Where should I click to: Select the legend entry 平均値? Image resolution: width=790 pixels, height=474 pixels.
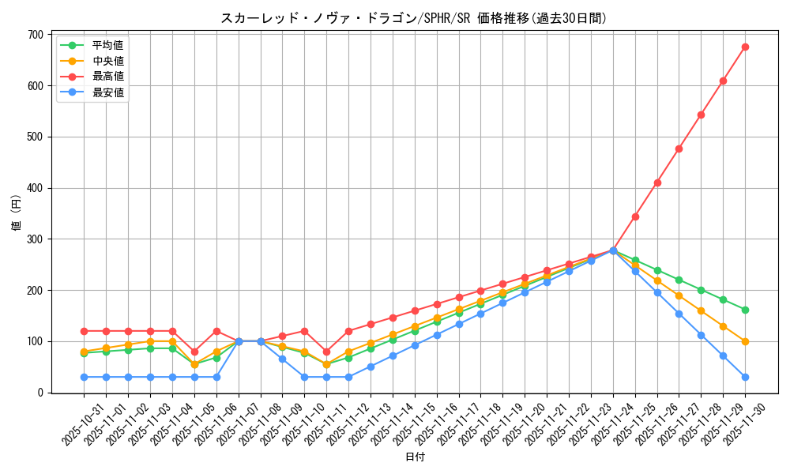click(x=107, y=45)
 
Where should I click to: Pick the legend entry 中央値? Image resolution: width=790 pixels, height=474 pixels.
click(x=107, y=61)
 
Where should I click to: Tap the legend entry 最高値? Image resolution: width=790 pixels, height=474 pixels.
click(x=107, y=77)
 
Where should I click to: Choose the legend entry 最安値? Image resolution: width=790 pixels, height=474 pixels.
click(x=107, y=92)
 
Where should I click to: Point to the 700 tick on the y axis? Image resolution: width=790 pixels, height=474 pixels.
click(x=35, y=35)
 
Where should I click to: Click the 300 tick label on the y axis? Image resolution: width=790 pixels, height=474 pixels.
click(x=35, y=239)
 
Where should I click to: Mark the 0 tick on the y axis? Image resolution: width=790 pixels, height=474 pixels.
click(x=40, y=393)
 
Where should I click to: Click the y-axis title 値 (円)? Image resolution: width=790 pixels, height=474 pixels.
click(x=17, y=213)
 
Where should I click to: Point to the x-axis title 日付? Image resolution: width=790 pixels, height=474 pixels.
click(x=414, y=457)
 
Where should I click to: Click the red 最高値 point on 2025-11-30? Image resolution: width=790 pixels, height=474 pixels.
click(x=745, y=47)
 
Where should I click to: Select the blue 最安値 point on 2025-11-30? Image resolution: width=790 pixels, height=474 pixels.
click(x=745, y=377)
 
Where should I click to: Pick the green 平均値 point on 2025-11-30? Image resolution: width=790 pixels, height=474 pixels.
click(x=745, y=310)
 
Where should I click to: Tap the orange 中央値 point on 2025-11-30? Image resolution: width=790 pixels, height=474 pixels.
click(x=745, y=341)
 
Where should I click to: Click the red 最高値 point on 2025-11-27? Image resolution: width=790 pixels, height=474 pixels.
click(x=679, y=149)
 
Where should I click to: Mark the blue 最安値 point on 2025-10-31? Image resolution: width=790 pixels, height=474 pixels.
click(x=84, y=377)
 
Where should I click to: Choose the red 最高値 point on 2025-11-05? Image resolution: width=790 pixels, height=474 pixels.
click(x=194, y=352)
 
